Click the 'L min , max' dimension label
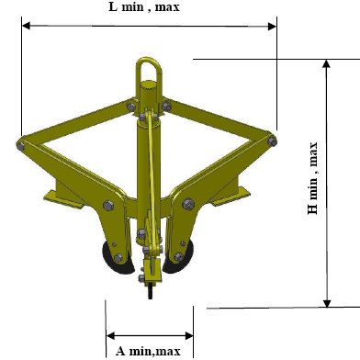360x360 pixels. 144,6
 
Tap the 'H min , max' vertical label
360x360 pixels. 313,178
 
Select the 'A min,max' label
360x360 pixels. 148,351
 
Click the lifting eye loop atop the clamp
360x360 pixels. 149,62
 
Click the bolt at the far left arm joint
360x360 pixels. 20,146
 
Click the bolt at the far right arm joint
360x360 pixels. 272,141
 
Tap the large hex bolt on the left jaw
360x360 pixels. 108,206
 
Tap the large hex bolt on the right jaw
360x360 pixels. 188,204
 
